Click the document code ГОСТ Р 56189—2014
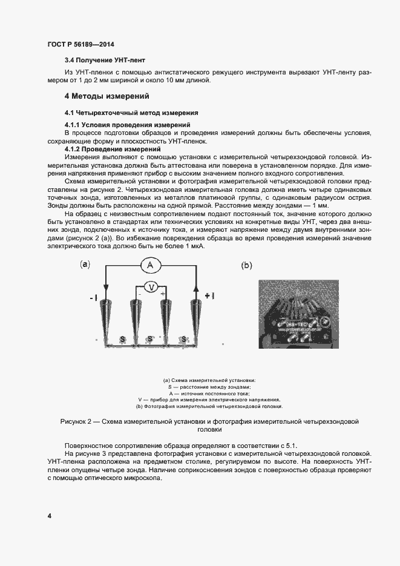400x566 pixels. click(80, 45)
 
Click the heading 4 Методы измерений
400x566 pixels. click(107, 96)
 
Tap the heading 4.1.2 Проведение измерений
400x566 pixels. click(112, 149)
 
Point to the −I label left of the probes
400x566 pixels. click(93, 297)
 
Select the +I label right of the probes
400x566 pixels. click(209, 296)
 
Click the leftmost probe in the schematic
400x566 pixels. click(107, 317)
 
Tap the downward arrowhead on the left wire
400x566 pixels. click(107, 289)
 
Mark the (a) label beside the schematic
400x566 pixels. click(85, 265)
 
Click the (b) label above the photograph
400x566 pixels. click(247, 265)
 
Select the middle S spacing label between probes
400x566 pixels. click(152, 340)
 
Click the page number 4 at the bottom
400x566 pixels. click(49, 515)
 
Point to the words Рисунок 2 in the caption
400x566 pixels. click(80, 421)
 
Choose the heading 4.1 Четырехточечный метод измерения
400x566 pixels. click(131, 113)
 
